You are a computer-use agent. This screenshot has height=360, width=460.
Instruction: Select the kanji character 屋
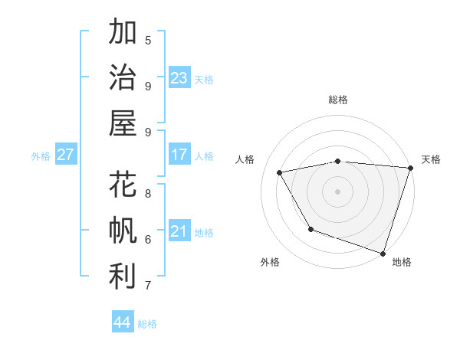pyautogui.click(x=123, y=123)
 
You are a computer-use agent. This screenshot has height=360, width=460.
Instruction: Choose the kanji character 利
pyautogui.click(x=123, y=276)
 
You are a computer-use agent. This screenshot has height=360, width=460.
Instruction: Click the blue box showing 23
pyautogui.click(x=179, y=77)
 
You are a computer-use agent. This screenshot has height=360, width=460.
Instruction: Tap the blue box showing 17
pyautogui.click(x=179, y=155)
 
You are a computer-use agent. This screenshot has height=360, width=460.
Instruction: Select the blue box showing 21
pyautogui.click(x=179, y=231)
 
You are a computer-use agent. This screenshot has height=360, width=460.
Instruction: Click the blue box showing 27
pyautogui.click(x=65, y=155)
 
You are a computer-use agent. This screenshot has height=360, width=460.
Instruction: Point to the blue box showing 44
pyautogui.click(x=123, y=322)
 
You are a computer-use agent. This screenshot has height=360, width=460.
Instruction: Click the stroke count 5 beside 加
pyautogui.click(x=148, y=41)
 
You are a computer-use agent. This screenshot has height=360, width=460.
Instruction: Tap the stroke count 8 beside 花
pyautogui.click(x=148, y=194)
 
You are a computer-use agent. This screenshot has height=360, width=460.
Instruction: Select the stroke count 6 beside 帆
pyautogui.click(x=148, y=240)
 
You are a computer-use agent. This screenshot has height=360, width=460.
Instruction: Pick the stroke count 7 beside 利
pyautogui.click(x=148, y=286)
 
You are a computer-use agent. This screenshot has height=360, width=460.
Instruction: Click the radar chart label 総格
pyautogui.click(x=337, y=100)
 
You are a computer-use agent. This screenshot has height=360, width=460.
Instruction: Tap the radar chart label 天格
pyautogui.click(x=431, y=159)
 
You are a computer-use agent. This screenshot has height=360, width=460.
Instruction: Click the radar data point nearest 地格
pyautogui.click(x=383, y=252)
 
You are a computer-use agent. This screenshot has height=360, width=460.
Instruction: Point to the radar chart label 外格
pyautogui.click(x=270, y=262)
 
